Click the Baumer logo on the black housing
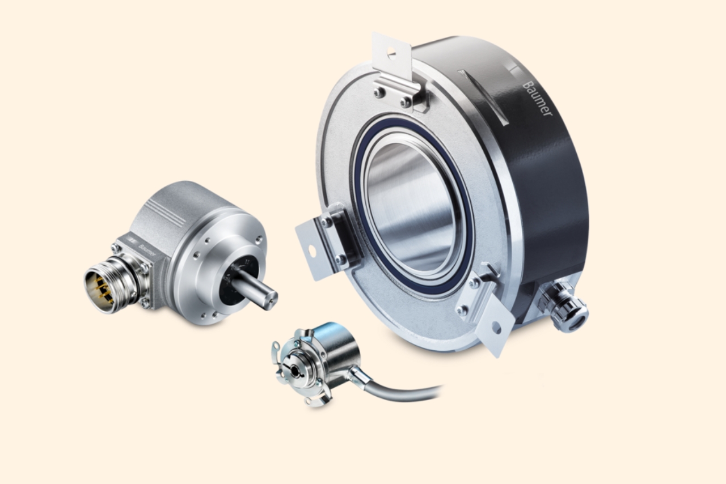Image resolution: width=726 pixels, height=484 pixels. [537, 99]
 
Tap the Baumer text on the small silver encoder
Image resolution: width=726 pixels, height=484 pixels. [146, 250]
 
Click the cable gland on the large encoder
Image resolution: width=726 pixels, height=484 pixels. [564, 306]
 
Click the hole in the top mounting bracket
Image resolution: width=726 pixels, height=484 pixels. [391, 51]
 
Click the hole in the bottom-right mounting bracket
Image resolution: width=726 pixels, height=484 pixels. [496, 328]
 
